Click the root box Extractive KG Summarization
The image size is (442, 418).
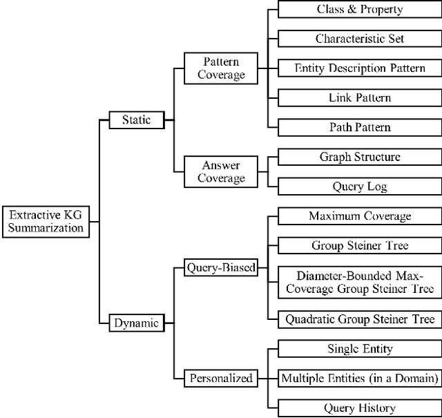[x=46, y=221]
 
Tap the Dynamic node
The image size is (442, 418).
[x=136, y=322]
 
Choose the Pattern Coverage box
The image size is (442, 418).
[x=221, y=68]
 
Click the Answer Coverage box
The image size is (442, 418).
[x=221, y=171]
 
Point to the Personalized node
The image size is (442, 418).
[x=220, y=378]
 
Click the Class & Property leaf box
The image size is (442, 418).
[x=359, y=10]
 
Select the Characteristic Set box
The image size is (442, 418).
[x=359, y=39]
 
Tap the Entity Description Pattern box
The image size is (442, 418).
[x=359, y=68]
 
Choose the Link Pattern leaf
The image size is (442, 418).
[x=359, y=97]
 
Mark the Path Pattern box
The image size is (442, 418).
[x=359, y=127]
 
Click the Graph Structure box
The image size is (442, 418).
[x=359, y=157]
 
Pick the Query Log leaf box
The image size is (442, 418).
[x=359, y=186]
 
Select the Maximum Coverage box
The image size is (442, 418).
[x=359, y=216]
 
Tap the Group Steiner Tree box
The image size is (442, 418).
[x=359, y=245]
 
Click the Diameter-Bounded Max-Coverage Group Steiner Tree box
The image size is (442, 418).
[x=359, y=282]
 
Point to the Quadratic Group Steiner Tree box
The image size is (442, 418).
[x=359, y=319]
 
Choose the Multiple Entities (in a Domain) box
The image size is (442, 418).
[x=359, y=378]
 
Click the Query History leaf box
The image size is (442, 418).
[x=359, y=408]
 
